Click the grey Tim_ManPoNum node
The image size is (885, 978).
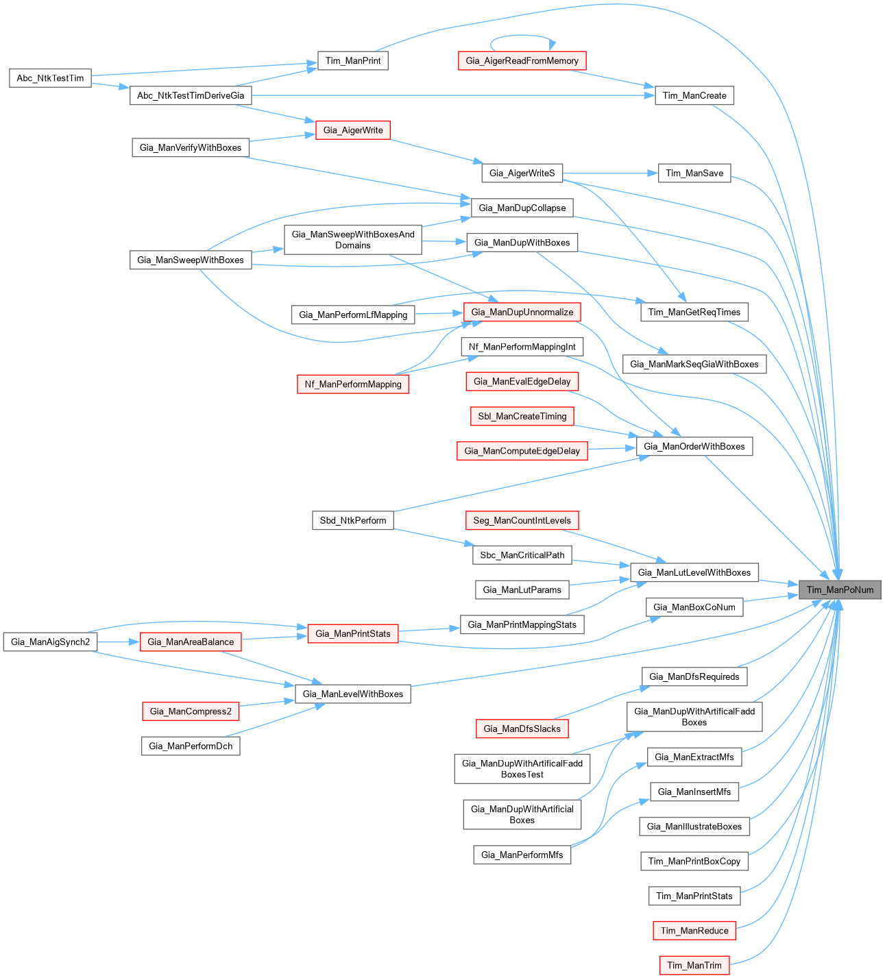click(840, 589)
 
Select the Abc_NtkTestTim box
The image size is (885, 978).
click(50, 78)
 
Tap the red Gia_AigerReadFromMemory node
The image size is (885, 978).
click(522, 60)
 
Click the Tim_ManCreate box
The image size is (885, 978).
click(694, 95)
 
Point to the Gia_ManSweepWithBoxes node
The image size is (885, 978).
click(191, 260)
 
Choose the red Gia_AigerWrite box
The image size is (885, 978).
click(353, 130)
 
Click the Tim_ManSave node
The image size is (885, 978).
click(694, 173)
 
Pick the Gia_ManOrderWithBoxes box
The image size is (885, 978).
click(694, 446)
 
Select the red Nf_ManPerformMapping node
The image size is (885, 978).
click(353, 384)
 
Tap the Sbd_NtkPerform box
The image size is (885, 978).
click(353, 520)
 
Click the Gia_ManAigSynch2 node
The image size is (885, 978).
click(50, 641)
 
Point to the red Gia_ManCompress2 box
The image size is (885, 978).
click(191, 711)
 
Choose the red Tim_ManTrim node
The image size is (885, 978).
click(694, 965)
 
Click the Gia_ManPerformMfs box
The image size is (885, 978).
click(522, 855)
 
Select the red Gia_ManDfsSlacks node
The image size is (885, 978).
click(522, 729)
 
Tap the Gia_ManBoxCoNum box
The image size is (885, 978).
click(694, 607)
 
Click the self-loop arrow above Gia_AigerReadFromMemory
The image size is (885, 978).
click(522, 36)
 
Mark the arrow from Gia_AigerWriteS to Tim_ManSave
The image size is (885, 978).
click(610, 173)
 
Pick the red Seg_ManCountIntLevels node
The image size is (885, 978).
click(522, 520)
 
